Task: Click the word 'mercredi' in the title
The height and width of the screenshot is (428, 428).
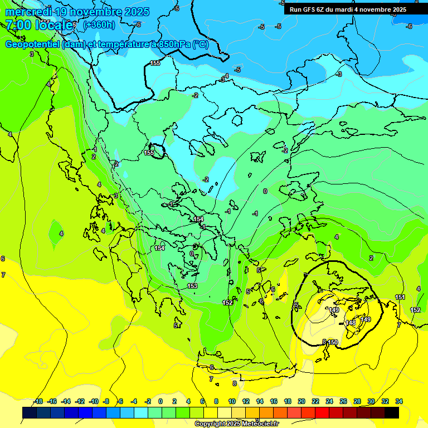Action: pos(28,11)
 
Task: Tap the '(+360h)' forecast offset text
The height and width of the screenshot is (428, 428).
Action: pos(99,25)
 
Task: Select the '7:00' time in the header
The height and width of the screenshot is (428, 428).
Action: pos(17,25)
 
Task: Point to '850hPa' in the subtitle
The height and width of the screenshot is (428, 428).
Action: pos(171,45)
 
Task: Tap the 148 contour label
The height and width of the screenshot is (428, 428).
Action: pos(351,323)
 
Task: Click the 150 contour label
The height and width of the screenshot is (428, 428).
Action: pos(333,342)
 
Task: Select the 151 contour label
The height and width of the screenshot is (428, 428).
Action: pos(400,297)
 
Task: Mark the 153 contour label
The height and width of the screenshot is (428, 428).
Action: pos(192,286)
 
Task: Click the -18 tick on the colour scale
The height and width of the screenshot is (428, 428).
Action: pos(38,401)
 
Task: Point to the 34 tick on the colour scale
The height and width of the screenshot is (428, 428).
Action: pos(399,401)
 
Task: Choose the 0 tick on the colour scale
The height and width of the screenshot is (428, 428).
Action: pos(161,401)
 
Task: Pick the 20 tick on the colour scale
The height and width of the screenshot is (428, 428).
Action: pos(301,401)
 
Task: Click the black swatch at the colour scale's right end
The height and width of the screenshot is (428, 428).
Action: pos(392,412)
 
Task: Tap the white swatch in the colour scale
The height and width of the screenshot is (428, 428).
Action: pos(225,412)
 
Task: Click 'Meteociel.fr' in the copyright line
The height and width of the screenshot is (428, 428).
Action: pos(257,424)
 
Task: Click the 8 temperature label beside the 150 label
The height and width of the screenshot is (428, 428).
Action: pos(324,342)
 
